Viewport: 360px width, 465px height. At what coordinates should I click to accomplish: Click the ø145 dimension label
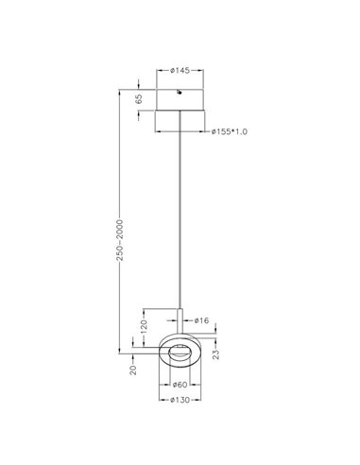click(x=181, y=69)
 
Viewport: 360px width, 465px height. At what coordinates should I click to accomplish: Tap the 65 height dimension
click(x=139, y=97)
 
